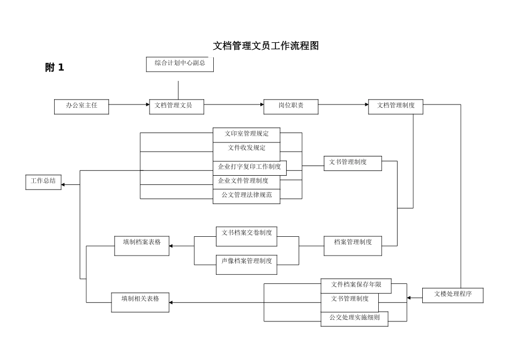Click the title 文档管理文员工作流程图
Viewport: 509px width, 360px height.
266,46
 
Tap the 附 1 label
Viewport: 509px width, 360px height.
55,67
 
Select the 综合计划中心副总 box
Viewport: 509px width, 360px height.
179,64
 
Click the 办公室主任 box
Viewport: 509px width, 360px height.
81,106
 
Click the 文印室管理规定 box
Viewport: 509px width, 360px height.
246,134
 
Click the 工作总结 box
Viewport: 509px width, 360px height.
43,182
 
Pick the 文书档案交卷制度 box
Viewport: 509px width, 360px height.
246,234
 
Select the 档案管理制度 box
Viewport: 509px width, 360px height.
353,243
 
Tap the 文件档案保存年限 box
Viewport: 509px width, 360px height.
356,285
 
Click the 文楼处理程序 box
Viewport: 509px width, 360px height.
453,295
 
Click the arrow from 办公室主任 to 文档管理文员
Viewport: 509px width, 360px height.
129,105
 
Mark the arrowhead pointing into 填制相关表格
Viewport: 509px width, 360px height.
171,303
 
